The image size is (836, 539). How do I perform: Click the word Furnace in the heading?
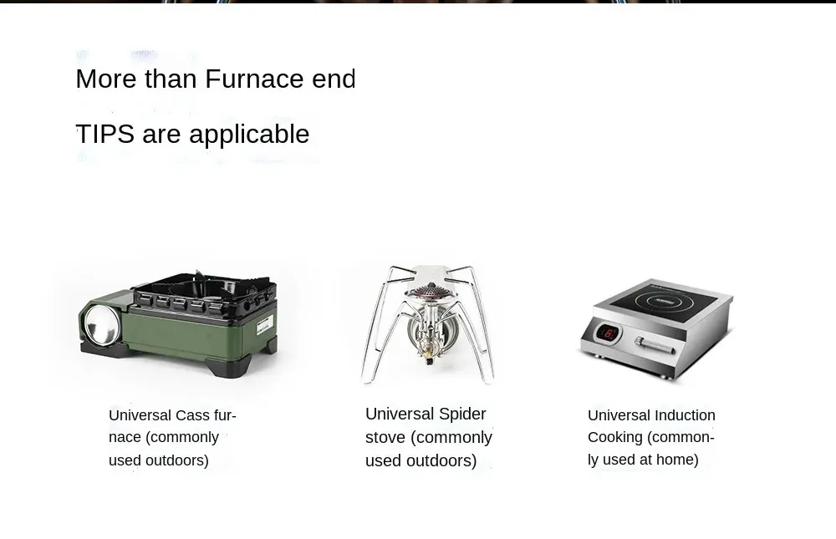coord(254,79)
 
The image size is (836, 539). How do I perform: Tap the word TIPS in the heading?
coord(105,133)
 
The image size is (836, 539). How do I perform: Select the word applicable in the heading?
coord(249,135)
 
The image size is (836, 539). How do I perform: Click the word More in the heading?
coord(106,79)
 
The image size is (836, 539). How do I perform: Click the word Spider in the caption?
coord(462,414)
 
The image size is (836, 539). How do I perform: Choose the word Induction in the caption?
coord(685,415)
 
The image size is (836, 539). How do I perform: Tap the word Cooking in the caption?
coord(614,438)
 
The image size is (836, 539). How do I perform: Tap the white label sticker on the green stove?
coord(265,325)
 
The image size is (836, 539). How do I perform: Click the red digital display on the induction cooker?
coord(607,333)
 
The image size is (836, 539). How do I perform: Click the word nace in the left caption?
coord(125,438)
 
